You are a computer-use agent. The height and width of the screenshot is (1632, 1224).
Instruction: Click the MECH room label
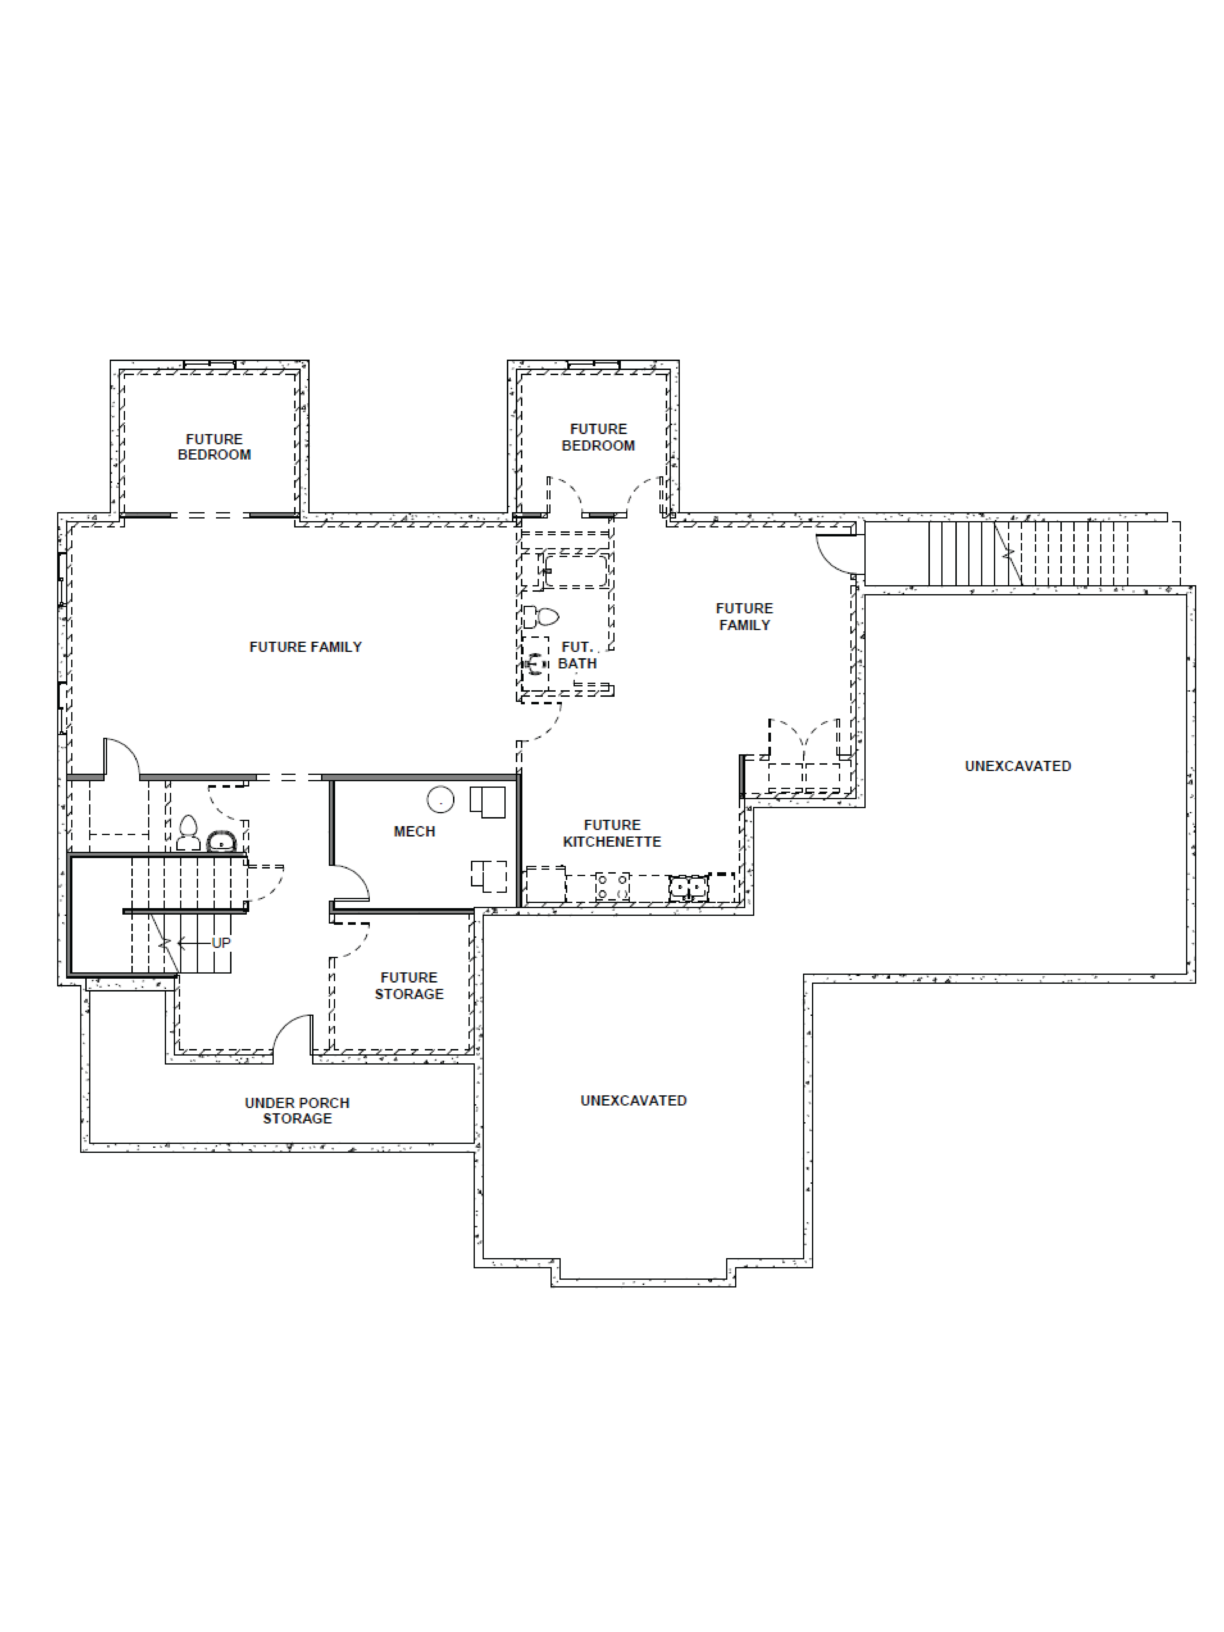click(x=414, y=831)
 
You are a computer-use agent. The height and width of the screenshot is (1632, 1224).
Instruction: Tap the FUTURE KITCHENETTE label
click(x=612, y=833)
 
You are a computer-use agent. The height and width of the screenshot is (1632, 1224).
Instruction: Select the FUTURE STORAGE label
click(x=409, y=986)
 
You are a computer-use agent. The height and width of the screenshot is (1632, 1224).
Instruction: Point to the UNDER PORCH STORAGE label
click(x=297, y=1110)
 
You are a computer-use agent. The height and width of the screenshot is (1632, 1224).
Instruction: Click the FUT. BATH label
click(x=577, y=655)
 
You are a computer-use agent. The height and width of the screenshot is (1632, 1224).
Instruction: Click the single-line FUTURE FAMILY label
click(x=306, y=647)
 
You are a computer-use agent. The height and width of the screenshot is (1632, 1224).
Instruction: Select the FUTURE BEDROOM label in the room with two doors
click(x=598, y=437)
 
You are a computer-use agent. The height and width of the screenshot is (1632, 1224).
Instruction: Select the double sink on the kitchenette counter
click(x=688, y=887)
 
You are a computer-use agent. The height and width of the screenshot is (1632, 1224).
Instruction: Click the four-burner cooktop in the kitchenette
click(x=612, y=887)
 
